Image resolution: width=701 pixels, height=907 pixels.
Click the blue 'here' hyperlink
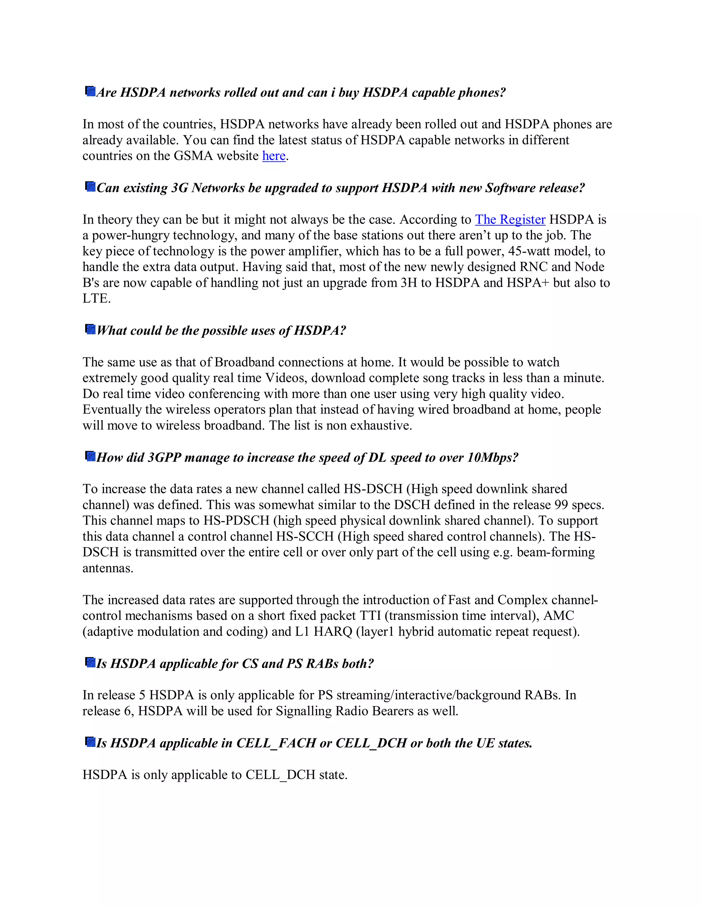[274, 156]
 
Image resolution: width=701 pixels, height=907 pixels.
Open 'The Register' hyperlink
[510, 219]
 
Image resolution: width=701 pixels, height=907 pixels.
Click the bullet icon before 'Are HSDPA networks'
[90, 91]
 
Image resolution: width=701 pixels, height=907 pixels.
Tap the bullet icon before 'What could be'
[90, 329]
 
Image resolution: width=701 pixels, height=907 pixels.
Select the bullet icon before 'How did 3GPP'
[90, 456]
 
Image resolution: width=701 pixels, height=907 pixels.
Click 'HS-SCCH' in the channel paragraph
[305, 537]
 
